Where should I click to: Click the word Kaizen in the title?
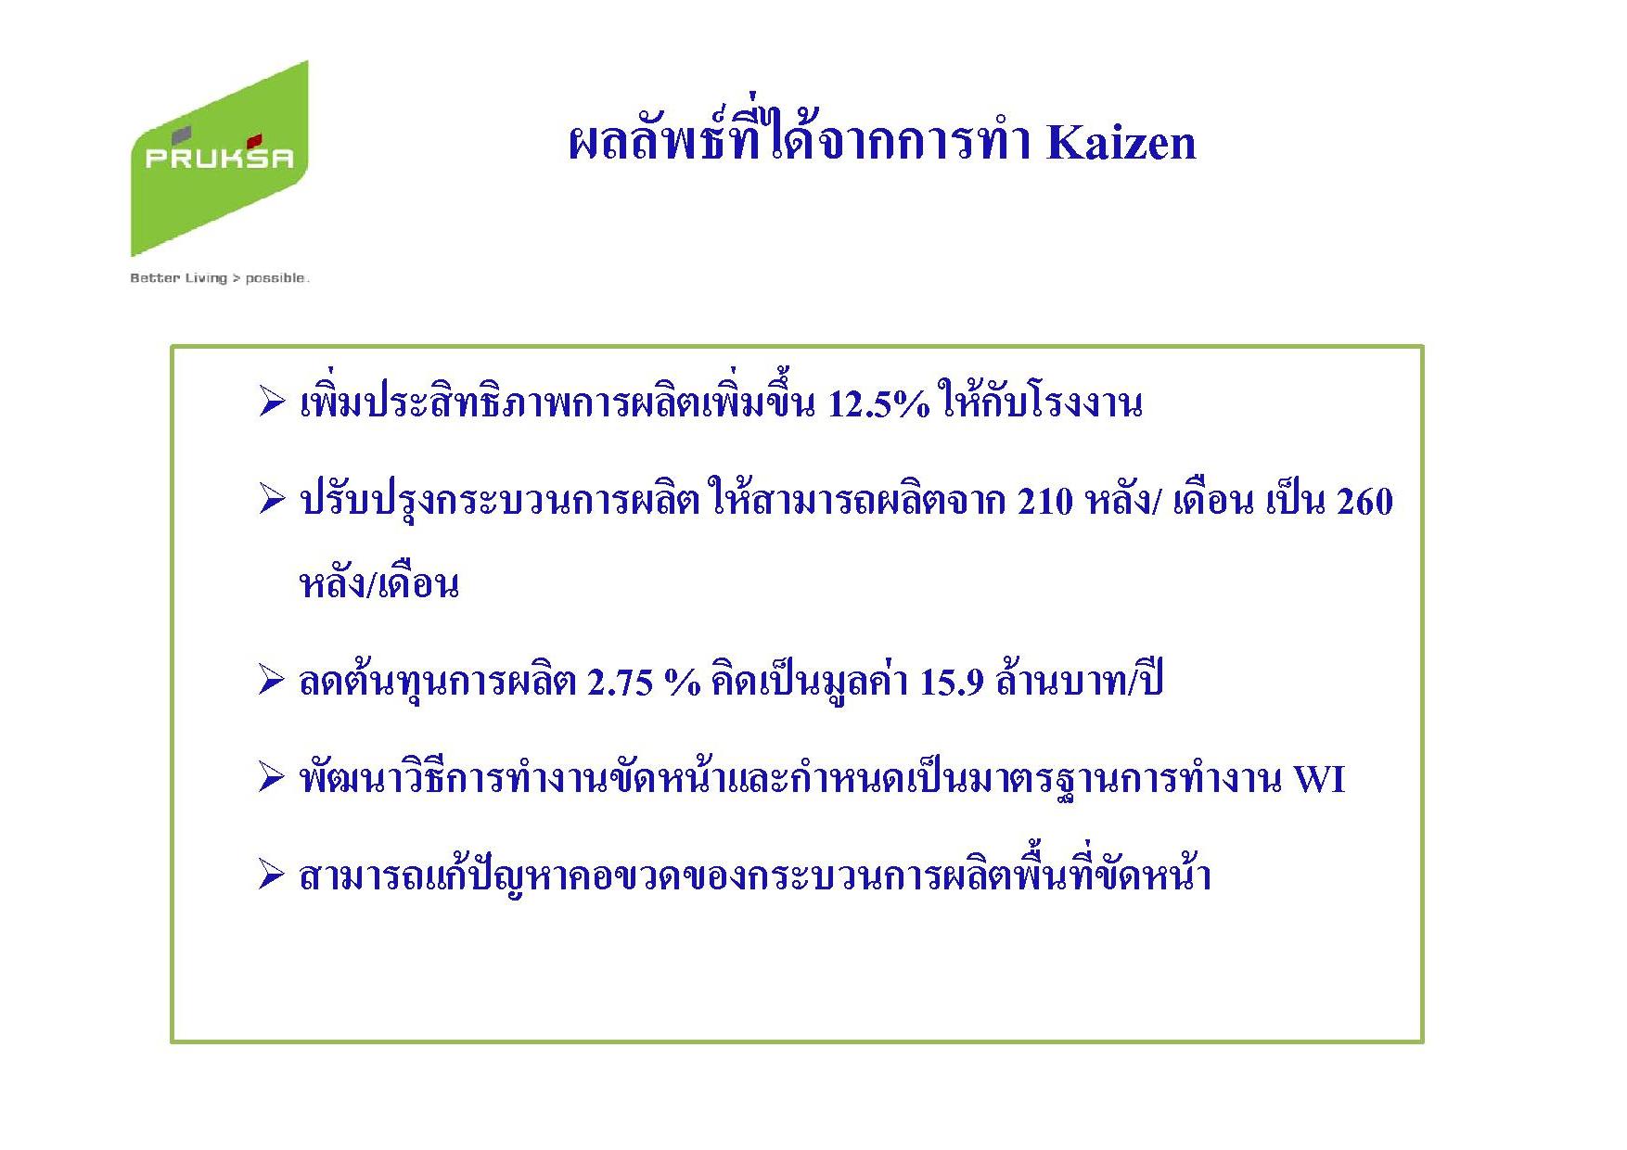tap(1121, 144)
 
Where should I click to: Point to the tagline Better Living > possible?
tap(220, 278)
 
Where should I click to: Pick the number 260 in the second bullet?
tap(1364, 502)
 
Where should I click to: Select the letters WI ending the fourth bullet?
tap(1319, 779)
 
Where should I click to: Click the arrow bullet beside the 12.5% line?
tap(271, 403)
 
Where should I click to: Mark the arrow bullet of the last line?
tap(271, 875)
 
